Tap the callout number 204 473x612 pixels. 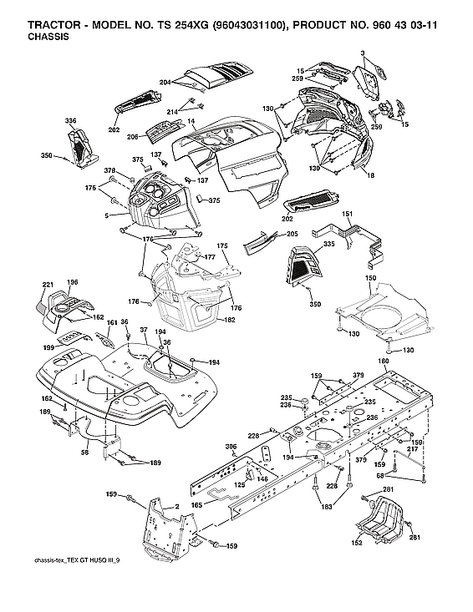point(165,82)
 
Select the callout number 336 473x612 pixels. point(70,121)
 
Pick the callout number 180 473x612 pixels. point(384,361)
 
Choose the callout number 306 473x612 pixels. point(231,448)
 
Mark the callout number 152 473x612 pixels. point(357,542)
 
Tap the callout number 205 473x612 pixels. point(292,234)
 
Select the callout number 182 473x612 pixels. point(230,320)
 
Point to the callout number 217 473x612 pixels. point(412,449)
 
